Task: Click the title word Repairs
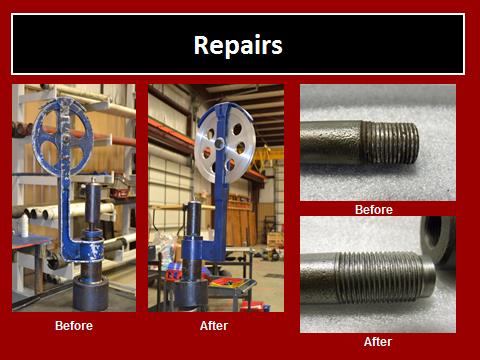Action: pyautogui.click(x=238, y=45)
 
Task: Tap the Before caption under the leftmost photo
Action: pyautogui.click(x=73, y=326)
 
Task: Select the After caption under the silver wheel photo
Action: pyautogui.click(x=214, y=326)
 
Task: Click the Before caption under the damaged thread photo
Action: pyautogui.click(x=373, y=210)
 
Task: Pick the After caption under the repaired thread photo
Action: pyautogui.click(x=378, y=341)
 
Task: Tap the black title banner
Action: pyautogui.click(x=238, y=45)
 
